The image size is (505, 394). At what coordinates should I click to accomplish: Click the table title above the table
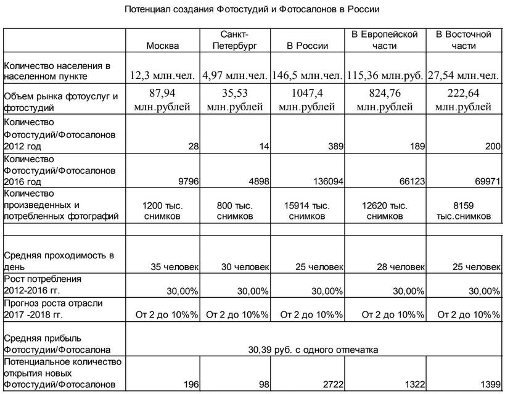pos(252,10)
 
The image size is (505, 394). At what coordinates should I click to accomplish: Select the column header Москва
pos(163,46)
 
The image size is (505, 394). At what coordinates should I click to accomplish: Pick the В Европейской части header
pos(384,39)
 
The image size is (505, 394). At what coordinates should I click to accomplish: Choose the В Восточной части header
pos(463,39)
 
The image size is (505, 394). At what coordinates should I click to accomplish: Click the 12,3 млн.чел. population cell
pos(163,75)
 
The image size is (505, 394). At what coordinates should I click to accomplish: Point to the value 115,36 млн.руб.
pos(384,75)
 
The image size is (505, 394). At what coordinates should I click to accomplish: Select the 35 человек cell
pos(175,267)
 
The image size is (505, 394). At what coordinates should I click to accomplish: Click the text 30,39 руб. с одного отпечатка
pos(313,350)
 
